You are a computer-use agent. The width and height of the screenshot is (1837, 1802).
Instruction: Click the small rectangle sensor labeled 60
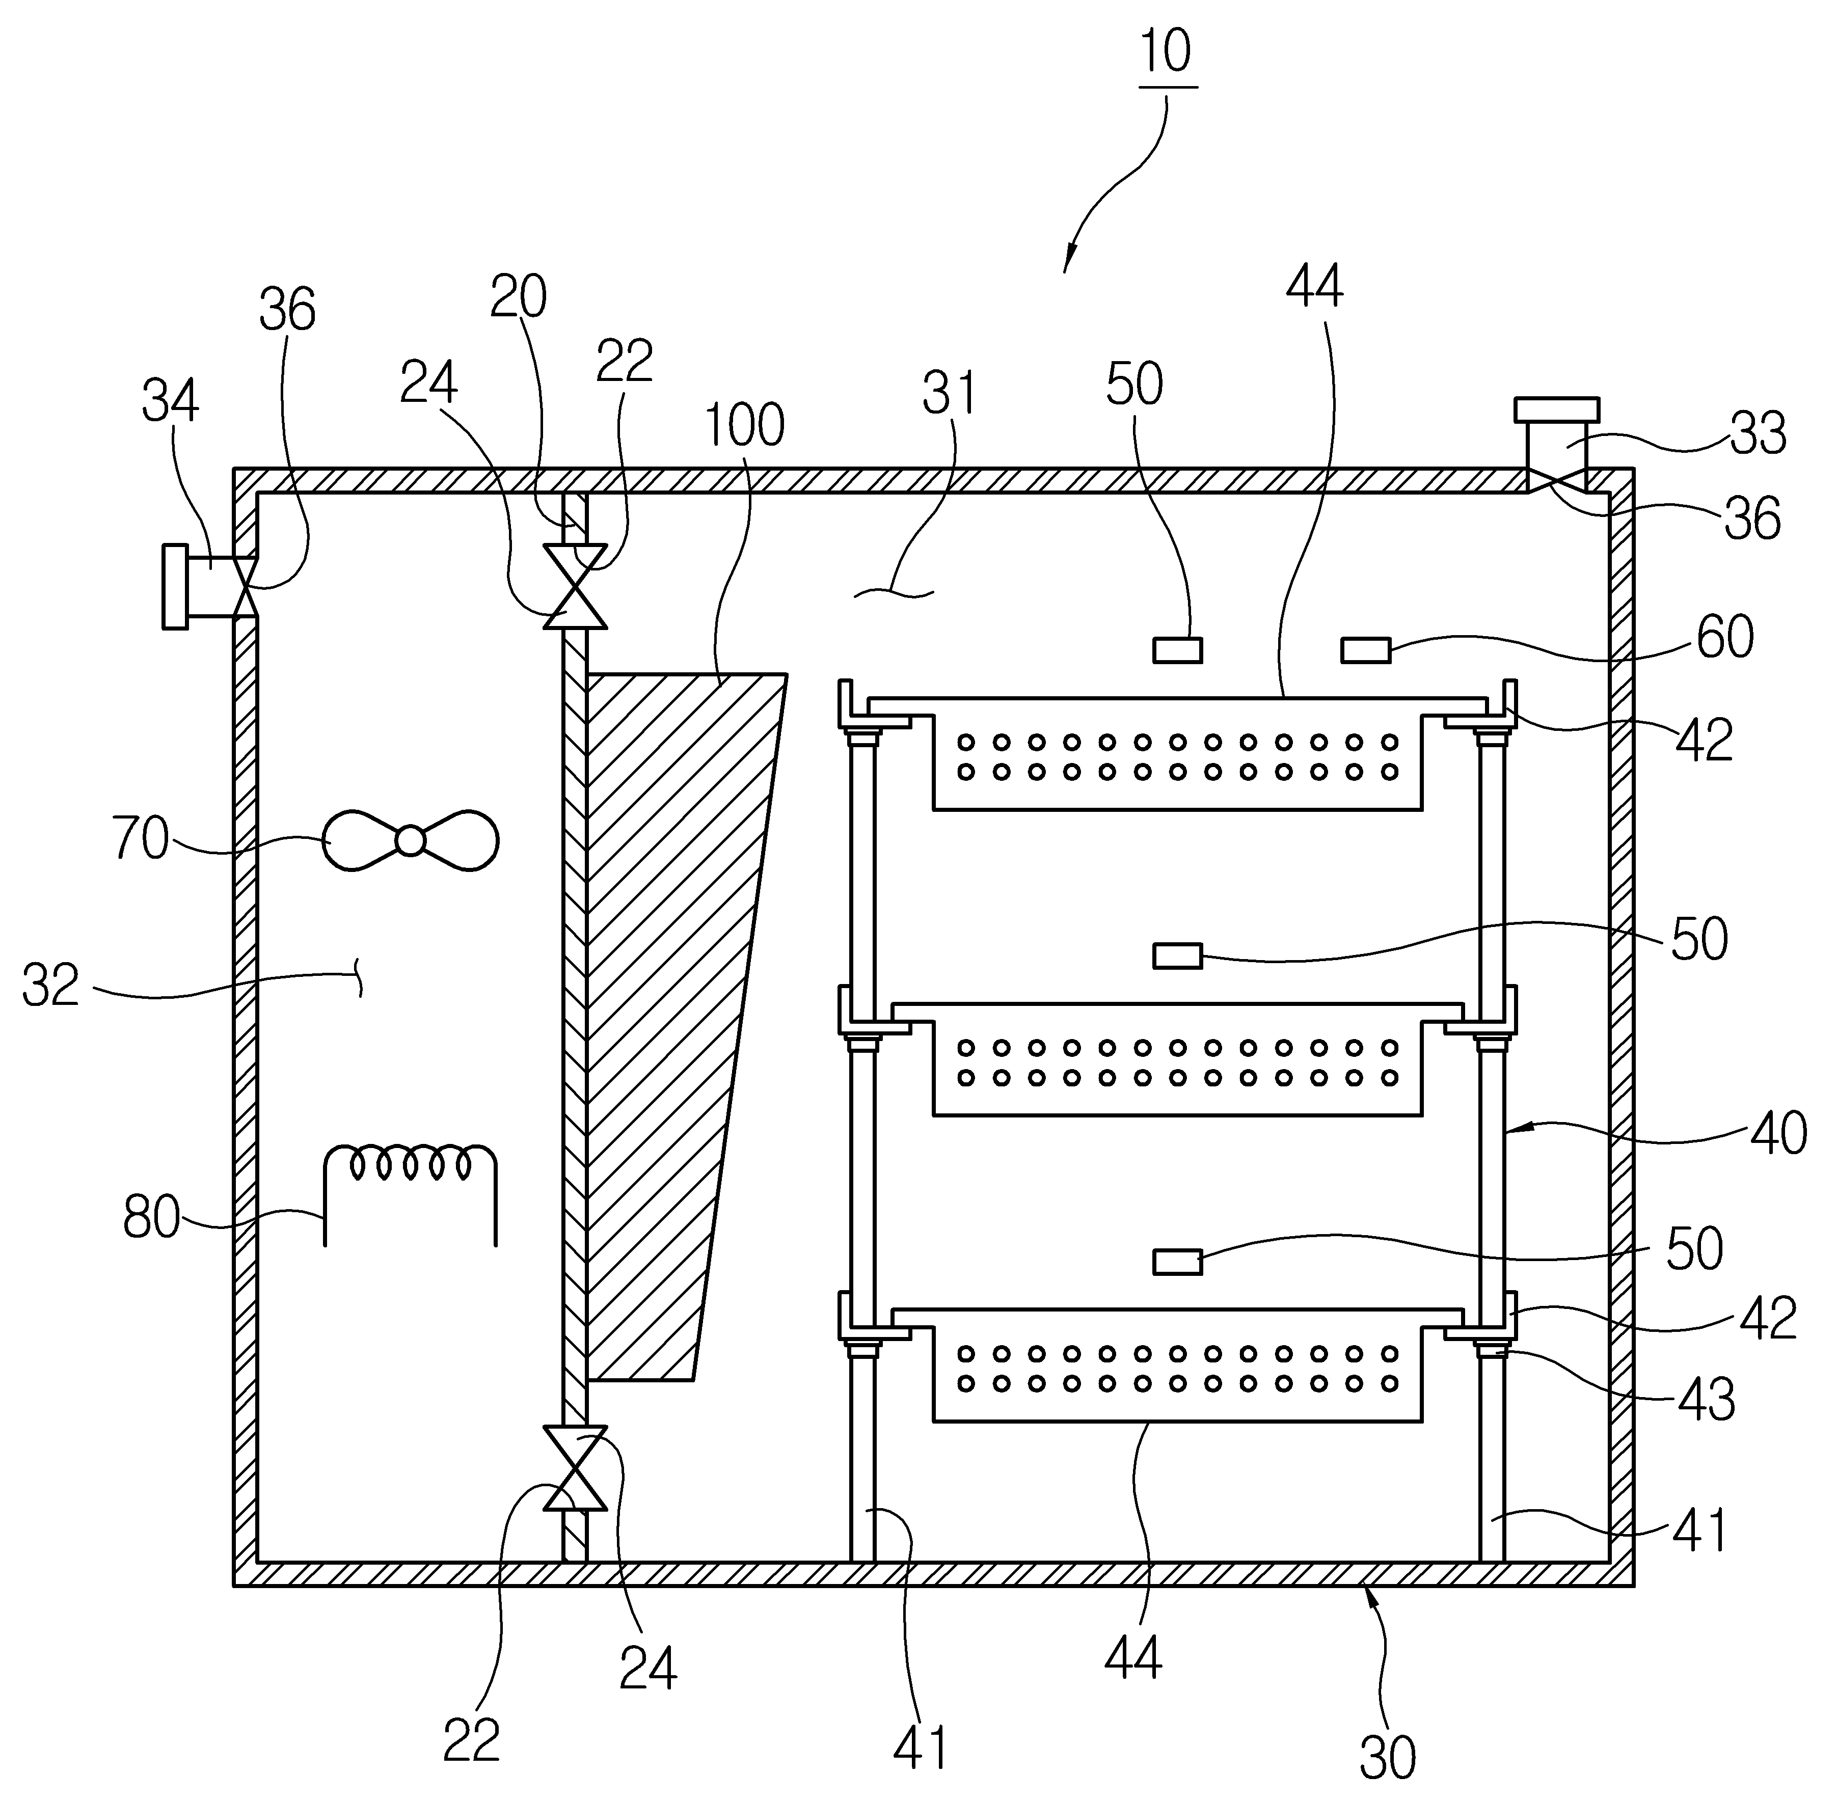pyautogui.click(x=1366, y=650)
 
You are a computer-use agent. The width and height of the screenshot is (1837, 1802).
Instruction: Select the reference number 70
pyautogui.click(x=141, y=838)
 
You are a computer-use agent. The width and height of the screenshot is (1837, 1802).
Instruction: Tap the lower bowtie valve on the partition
pyautogui.click(x=575, y=1467)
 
